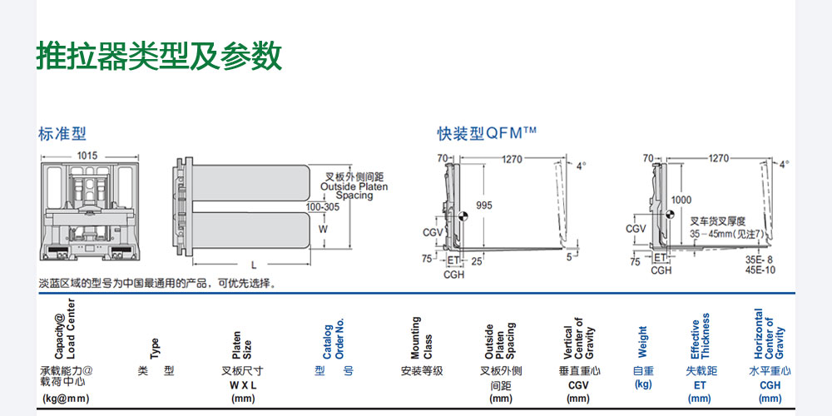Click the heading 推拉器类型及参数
point(159,56)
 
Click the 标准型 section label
point(62,134)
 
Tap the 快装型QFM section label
point(488,134)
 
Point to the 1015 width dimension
point(87,156)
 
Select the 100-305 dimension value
point(322,207)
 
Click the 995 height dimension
point(484,205)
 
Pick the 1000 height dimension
point(681,200)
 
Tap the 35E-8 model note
point(760,260)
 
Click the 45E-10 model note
point(760,270)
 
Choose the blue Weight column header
point(642,342)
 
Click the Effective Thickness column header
point(700,336)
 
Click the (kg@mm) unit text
point(66,399)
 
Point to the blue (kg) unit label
point(642,384)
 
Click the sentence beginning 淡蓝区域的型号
point(157,284)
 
